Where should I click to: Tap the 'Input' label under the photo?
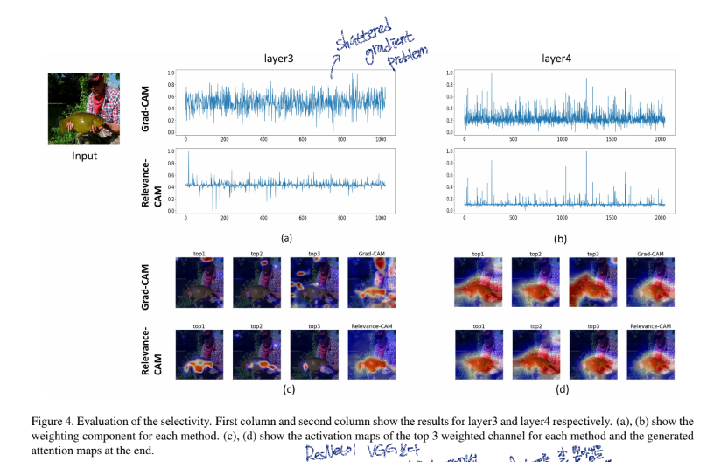point(84,157)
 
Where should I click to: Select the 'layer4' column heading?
point(556,59)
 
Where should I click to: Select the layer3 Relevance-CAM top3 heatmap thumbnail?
point(312,355)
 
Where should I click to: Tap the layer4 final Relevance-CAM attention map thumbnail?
point(650,355)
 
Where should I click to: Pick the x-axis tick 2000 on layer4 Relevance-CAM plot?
point(659,217)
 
